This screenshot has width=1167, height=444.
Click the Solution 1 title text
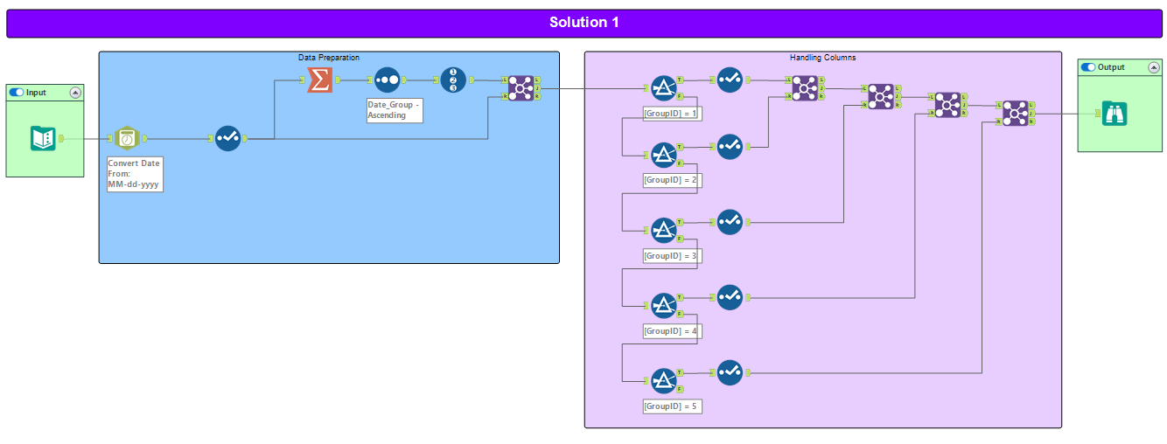point(583,23)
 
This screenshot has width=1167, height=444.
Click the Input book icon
point(43,138)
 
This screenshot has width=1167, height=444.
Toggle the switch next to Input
point(16,92)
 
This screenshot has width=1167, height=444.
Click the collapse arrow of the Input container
point(75,92)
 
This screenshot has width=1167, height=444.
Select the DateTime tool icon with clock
point(127,138)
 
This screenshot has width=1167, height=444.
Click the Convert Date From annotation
point(135,174)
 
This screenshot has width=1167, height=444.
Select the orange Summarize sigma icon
point(320,80)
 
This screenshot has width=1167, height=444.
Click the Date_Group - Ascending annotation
point(394,110)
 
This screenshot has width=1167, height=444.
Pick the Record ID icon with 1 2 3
point(453,80)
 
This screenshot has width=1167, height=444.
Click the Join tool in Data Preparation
point(521,87)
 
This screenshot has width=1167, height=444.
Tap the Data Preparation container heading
point(328,58)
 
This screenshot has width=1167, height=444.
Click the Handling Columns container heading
point(822,58)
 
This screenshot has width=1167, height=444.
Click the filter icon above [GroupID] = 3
point(664,230)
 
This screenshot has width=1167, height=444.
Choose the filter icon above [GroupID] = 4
point(664,305)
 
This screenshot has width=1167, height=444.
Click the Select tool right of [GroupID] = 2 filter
point(730,147)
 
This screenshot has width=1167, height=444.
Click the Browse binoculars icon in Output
point(1115,114)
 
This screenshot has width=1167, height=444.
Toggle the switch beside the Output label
point(1088,67)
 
